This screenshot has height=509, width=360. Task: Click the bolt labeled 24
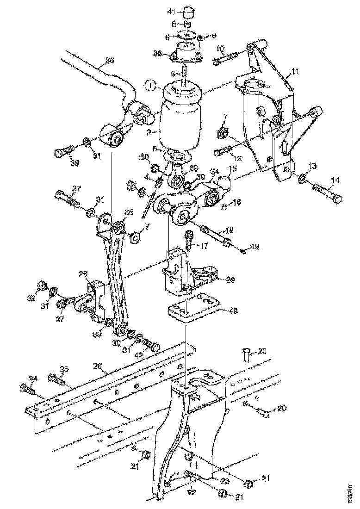[27, 389]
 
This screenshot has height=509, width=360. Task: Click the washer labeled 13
[302, 178]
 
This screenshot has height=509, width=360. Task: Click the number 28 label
[84, 274]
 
